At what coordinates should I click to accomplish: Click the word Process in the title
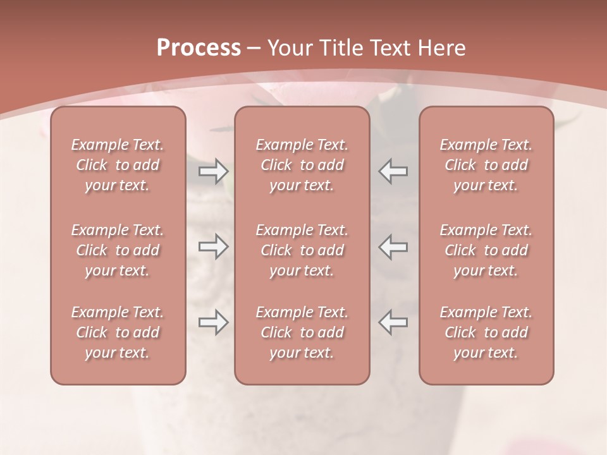pyautogui.click(x=199, y=48)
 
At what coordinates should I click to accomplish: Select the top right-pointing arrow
pyautogui.click(x=213, y=171)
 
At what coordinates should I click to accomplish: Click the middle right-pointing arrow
pyautogui.click(x=213, y=246)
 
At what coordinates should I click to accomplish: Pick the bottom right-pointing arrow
pyautogui.click(x=213, y=322)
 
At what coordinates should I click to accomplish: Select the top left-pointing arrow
pyautogui.click(x=393, y=171)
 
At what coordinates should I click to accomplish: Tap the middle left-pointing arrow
pyautogui.click(x=393, y=246)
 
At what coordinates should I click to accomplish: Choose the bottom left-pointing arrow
pyautogui.click(x=393, y=322)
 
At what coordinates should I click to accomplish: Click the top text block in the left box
pyautogui.click(x=118, y=165)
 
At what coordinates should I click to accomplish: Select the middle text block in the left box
pyautogui.click(x=118, y=250)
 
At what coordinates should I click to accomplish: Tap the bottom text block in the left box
pyautogui.click(x=118, y=332)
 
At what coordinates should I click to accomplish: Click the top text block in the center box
pyautogui.click(x=302, y=165)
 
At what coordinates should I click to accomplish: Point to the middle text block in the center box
pyautogui.click(x=302, y=250)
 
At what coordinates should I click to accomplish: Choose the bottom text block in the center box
pyautogui.click(x=302, y=332)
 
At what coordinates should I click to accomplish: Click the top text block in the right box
pyautogui.click(x=486, y=165)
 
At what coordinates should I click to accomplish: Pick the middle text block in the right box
pyautogui.click(x=486, y=250)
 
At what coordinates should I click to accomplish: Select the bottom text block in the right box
pyautogui.click(x=486, y=332)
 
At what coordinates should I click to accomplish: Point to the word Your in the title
pyautogui.click(x=290, y=48)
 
